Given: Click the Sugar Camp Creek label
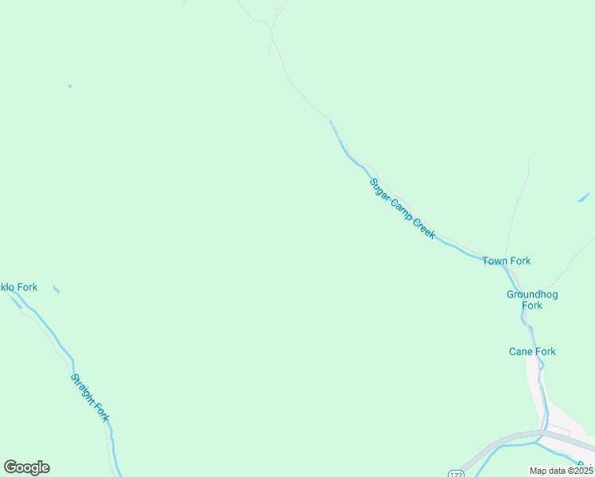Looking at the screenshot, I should point(402,209).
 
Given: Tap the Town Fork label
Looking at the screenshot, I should point(506,261).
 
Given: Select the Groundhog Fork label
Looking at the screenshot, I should point(532,300).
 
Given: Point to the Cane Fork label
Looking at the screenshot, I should point(532,351).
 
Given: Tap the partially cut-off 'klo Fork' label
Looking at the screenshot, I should point(18,287).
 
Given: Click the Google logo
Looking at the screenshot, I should point(26,467).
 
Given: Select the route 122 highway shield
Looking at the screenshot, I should point(455,473).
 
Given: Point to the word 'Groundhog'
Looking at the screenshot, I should point(532,294).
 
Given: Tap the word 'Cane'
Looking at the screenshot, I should point(521,351).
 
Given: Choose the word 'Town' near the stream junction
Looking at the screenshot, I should point(496,261).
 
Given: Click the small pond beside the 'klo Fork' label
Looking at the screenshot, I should point(56,289).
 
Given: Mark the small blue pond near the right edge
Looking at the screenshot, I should point(583,197).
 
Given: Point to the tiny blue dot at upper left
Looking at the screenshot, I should point(69,86).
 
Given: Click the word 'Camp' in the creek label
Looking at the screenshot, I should point(400,207).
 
